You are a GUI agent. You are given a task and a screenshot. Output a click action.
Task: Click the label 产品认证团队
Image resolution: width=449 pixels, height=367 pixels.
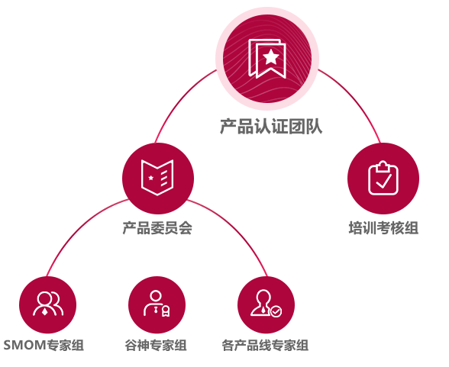[x=271, y=126]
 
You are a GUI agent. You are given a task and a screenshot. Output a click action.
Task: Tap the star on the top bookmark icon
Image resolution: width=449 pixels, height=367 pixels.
[x=270, y=56]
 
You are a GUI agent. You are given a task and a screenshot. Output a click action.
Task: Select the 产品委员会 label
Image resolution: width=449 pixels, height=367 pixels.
[x=157, y=228]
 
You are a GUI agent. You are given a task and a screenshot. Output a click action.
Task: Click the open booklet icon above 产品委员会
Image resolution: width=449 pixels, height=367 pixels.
[x=157, y=178]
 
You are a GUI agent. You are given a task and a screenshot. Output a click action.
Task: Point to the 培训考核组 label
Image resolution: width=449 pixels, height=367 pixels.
[x=383, y=228]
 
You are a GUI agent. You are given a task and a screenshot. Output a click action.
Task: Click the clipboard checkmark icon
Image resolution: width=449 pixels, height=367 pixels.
[x=383, y=179]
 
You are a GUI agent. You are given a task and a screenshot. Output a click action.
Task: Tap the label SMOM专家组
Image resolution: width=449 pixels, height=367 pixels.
[x=44, y=345]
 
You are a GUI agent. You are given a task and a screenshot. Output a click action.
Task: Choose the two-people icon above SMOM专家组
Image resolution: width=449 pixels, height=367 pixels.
[x=48, y=304]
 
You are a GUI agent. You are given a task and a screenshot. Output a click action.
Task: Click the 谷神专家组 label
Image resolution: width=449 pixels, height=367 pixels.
[x=156, y=345]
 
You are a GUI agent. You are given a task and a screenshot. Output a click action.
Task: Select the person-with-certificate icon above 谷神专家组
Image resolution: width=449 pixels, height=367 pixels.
[x=157, y=303]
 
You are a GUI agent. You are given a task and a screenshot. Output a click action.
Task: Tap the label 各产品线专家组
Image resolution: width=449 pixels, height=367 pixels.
[x=265, y=345]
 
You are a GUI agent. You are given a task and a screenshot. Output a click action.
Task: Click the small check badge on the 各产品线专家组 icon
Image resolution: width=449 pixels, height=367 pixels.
[x=276, y=311]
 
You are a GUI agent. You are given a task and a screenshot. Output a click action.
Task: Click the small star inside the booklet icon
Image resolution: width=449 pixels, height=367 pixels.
[x=151, y=178]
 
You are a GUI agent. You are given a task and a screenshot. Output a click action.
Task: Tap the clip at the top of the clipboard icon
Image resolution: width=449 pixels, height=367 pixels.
[x=383, y=166]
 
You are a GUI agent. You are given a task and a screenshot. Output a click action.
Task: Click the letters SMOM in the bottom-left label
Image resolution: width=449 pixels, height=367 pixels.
[x=24, y=345]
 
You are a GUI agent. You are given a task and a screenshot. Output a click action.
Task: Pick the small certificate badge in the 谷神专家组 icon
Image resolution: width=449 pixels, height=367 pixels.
[x=166, y=311]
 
